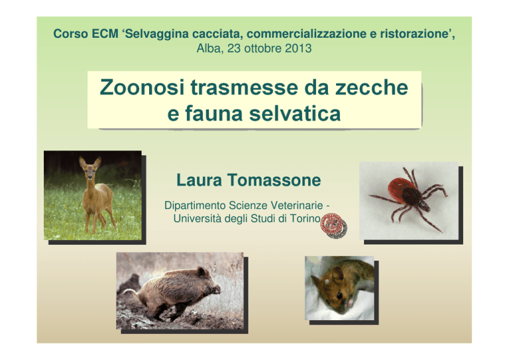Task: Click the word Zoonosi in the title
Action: (142, 88)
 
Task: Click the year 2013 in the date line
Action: (298, 48)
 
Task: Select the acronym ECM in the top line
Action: (105, 34)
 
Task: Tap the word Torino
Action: (305, 219)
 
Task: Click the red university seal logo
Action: (332, 223)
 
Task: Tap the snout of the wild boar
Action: (215, 288)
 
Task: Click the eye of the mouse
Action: (339, 295)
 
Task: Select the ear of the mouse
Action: (337, 274)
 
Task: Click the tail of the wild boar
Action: (131, 292)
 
